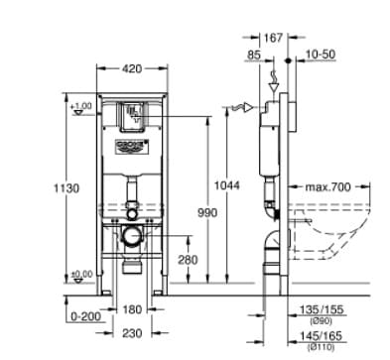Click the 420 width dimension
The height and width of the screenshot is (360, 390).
[132, 70]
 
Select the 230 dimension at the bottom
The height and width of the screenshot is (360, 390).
[131, 332]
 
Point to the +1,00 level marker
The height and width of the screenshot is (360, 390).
[81, 106]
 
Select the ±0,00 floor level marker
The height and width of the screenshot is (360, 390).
[81, 275]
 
